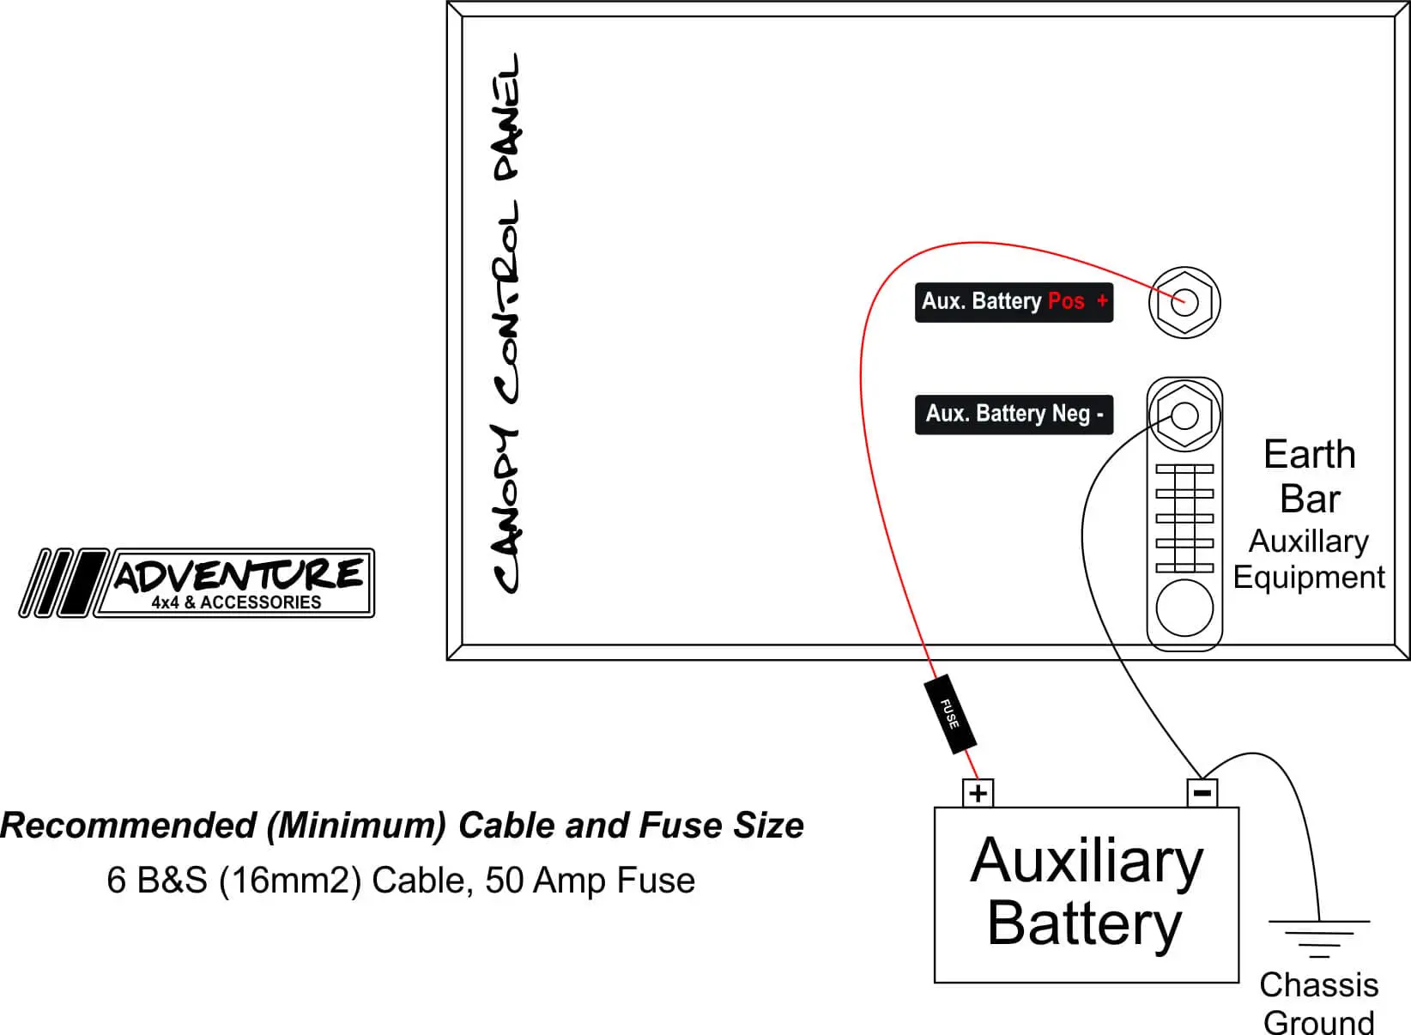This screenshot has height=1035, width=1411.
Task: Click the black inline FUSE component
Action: pos(950,714)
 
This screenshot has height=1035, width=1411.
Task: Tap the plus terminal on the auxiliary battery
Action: pos(978,793)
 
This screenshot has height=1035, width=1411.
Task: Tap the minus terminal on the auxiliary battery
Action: pos(1202,793)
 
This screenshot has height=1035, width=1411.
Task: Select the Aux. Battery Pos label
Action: pos(1014,302)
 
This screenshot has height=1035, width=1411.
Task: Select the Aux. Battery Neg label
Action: pos(1014,415)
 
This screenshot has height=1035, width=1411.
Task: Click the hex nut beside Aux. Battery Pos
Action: pos(1184,302)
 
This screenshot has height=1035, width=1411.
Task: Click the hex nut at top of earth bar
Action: pos(1184,415)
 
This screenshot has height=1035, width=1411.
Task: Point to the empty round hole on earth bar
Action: pos(1184,608)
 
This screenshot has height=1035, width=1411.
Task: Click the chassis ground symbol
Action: pos(1319,939)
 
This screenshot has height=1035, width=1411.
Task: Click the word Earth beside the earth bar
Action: pos(1310,455)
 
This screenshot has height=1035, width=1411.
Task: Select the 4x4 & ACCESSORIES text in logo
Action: pos(236,602)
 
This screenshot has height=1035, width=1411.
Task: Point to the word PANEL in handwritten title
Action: pos(506,118)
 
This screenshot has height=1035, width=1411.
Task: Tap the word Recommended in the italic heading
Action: pos(129,826)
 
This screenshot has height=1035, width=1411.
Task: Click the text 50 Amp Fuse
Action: pos(590,880)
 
